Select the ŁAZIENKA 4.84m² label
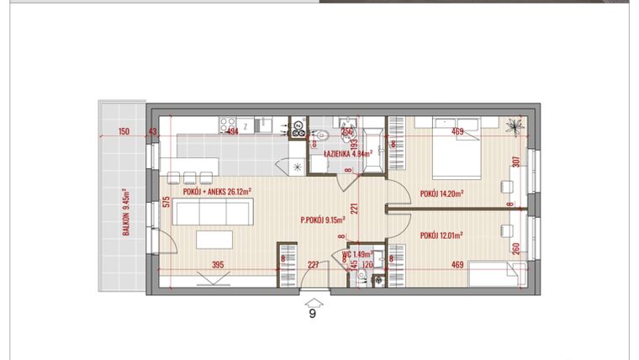349,154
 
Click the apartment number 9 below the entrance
313,315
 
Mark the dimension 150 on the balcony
124,131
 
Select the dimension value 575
167,202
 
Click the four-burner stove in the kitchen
297,128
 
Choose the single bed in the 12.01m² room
491,275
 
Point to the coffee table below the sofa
214,241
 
